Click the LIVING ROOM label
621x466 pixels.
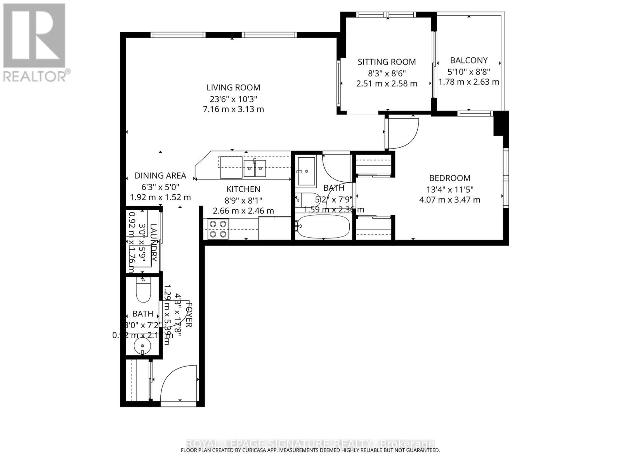click(233, 88)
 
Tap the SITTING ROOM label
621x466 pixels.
click(387, 62)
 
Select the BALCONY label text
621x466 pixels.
click(469, 60)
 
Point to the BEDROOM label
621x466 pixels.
click(449, 178)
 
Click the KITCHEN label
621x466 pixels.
click(243, 189)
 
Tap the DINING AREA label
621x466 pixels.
click(160, 176)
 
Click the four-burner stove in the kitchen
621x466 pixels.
click(218, 229)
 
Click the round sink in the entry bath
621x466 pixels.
click(142, 345)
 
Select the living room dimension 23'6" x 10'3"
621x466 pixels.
click(233, 99)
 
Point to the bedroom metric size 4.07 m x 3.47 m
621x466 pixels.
click(449, 200)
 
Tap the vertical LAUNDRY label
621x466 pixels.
click(154, 243)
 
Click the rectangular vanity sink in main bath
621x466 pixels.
click(306, 171)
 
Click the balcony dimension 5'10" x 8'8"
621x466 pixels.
click(469, 71)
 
